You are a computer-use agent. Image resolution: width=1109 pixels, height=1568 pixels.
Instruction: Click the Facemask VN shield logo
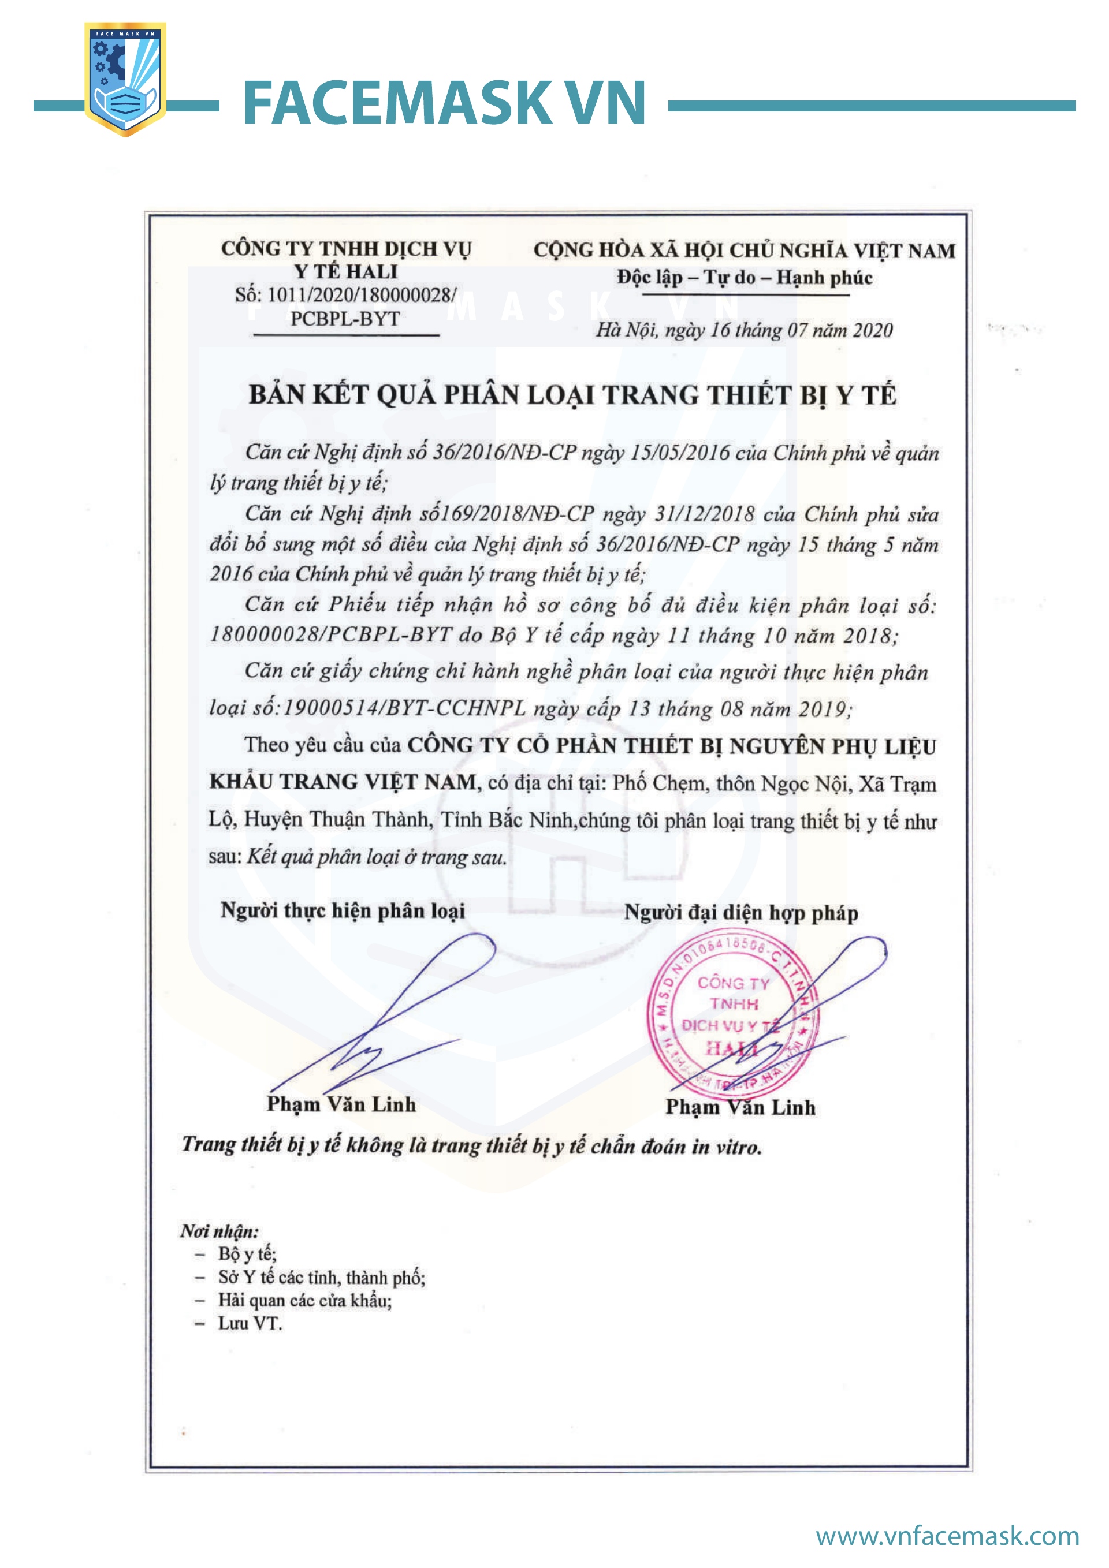click(125, 79)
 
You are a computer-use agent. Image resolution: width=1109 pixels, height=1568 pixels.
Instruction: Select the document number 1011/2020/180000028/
click(362, 295)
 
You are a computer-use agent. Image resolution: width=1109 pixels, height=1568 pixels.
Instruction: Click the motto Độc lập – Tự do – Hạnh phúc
click(745, 277)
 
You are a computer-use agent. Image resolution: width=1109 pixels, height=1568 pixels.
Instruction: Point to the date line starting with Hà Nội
click(744, 331)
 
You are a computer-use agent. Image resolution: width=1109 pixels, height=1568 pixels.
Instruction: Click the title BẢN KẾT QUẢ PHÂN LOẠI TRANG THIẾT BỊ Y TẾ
click(572, 395)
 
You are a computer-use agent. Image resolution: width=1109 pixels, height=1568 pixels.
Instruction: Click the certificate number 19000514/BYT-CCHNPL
click(404, 708)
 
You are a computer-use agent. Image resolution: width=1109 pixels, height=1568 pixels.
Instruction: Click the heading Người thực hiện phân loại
click(343, 910)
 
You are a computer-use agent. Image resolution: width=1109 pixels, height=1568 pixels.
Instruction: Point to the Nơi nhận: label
click(219, 1231)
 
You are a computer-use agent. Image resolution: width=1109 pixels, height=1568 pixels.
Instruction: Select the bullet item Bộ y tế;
click(247, 1254)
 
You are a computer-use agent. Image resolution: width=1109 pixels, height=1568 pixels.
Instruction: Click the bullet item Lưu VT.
click(250, 1324)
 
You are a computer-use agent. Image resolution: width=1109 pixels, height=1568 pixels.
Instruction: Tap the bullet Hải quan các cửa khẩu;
click(305, 1300)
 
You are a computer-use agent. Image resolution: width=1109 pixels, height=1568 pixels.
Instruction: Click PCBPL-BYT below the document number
click(345, 319)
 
